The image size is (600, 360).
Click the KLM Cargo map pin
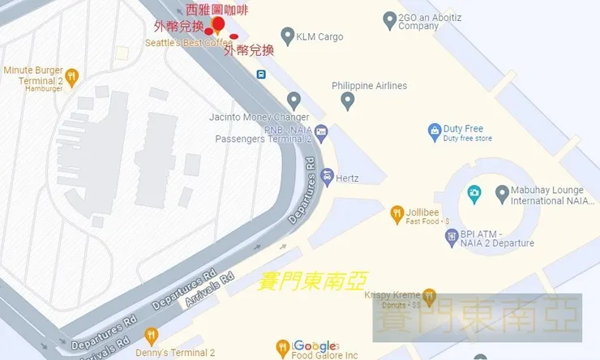click(x=287, y=36)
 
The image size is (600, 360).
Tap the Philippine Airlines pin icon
click(x=348, y=101)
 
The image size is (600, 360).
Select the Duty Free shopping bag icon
click(x=435, y=131)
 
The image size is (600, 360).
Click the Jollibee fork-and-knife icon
click(x=397, y=213)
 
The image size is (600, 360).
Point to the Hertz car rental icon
click(x=327, y=175)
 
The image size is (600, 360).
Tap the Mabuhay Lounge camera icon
click(x=474, y=195)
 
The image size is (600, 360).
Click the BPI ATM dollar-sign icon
click(x=452, y=237)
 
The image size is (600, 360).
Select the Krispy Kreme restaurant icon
click(x=430, y=296)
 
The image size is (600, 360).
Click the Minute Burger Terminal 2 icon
click(x=72, y=78)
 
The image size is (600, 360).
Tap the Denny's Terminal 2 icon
click(x=150, y=336)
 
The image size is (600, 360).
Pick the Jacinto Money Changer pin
click(x=294, y=101)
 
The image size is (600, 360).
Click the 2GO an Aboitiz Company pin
click(x=390, y=21)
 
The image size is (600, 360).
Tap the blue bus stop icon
click(x=262, y=74)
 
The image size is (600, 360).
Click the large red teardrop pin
click(x=218, y=24)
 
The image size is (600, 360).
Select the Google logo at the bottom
click(x=315, y=346)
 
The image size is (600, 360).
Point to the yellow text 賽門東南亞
click(x=311, y=281)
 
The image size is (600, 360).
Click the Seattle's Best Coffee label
click(x=189, y=42)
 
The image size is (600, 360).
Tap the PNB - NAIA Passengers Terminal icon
click(x=322, y=132)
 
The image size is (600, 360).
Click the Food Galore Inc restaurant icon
click(x=282, y=347)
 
